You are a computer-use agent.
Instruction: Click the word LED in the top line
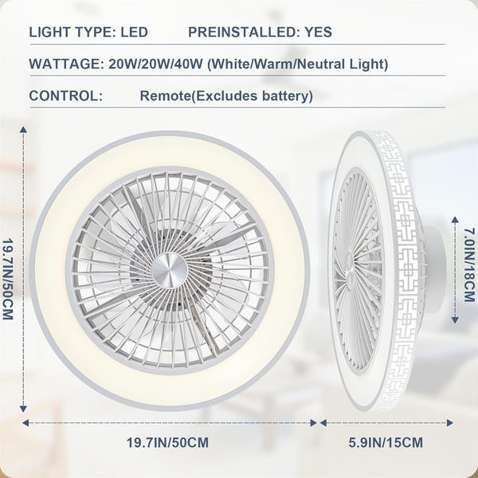click(x=134, y=32)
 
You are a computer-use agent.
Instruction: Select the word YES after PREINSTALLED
click(x=318, y=32)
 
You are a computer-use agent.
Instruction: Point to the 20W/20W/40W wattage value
click(x=156, y=64)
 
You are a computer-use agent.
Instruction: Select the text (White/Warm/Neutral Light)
click(x=298, y=65)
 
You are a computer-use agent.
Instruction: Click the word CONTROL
click(x=66, y=96)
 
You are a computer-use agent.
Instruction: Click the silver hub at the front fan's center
click(x=170, y=270)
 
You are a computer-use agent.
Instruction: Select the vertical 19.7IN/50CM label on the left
click(x=8, y=279)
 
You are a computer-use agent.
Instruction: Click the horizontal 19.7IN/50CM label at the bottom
click(x=167, y=443)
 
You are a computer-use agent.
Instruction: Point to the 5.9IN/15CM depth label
click(x=386, y=443)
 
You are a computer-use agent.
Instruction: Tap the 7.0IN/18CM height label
click(x=469, y=264)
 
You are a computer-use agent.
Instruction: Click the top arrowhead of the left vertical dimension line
click(x=23, y=130)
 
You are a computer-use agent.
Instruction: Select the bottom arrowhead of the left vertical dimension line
click(x=23, y=409)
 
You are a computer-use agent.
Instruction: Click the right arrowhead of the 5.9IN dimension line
click(x=449, y=423)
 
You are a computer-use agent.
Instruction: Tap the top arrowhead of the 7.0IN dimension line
click(x=455, y=220)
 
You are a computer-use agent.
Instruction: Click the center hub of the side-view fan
click(x=350, y=271)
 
